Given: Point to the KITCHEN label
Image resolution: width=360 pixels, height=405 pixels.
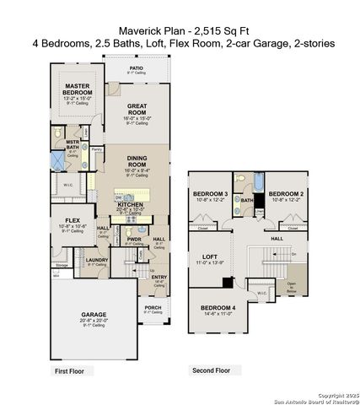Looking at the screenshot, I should click(x=130, y=205).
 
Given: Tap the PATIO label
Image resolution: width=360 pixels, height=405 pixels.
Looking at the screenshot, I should click(x=136, y=68).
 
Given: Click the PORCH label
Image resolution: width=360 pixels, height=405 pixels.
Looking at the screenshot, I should click(x=152, y=308).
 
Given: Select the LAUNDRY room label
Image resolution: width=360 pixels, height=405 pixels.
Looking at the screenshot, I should click(x=97, y=262).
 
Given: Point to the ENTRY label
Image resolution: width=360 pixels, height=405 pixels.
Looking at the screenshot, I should click(x=158, y=278).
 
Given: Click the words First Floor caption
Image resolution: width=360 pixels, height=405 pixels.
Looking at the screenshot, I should click(x=72, y=370).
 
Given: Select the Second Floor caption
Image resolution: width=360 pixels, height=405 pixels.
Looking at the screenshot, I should click(x=211, y=370).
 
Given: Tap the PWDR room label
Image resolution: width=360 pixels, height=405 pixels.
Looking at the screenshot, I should click(x=135, y=239).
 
